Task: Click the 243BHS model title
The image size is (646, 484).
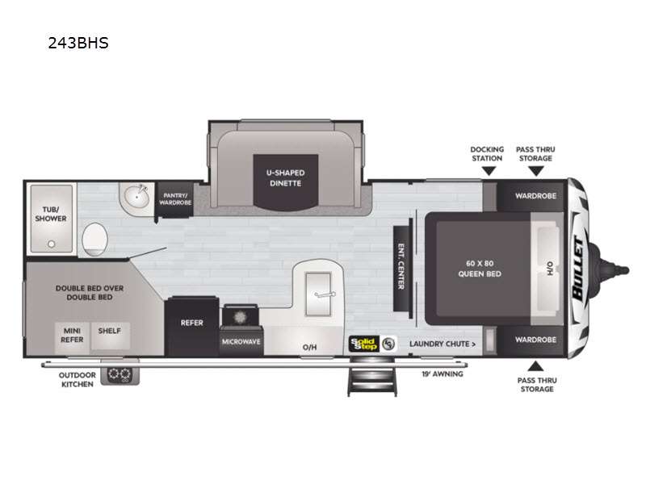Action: (x=78, y=43)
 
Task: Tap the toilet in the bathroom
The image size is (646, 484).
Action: (x=94, y=239)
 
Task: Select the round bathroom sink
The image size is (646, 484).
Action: (x=136, y=197)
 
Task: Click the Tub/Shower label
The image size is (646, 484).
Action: (x=51, y=214)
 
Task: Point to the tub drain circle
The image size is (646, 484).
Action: (x=52, y=244)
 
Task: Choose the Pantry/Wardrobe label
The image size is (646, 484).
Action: (x=175, y=199)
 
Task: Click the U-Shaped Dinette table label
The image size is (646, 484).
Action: (x=286, y=177)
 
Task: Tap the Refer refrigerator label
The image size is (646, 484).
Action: (x=192, y=323)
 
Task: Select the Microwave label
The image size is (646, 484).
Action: (x=241, y=341)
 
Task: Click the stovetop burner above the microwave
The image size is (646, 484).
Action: (x=240, y=317)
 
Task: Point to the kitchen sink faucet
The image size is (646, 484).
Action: (x=325, y=294)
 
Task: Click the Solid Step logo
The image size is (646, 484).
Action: (x=364, y=344)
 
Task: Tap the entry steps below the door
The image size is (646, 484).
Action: (x=372, y=376)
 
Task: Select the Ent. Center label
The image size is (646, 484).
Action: (x=401, y=266)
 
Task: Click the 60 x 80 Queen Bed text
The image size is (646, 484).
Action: (x=480, y=269)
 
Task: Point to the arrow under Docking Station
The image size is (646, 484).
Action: (x=489, y=171)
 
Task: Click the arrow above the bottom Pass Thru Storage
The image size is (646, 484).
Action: (x=535, y=365)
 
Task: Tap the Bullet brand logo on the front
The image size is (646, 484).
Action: (x=578, y=269)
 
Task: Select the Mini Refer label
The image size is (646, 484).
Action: (x=72, y=335)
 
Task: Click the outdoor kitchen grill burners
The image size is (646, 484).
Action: (x=120, y=374)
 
